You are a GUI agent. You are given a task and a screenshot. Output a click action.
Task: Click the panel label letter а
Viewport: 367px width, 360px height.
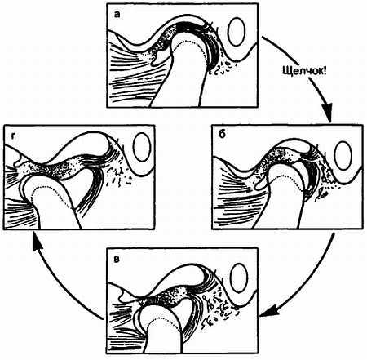tap(117, 15)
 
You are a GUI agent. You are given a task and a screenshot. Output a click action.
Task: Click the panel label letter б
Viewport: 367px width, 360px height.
tap(223, 135)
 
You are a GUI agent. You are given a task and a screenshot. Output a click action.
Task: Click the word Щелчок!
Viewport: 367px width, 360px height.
tap(303, 71)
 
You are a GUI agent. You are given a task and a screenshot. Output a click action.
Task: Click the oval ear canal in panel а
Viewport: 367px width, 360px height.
tap(237, 31)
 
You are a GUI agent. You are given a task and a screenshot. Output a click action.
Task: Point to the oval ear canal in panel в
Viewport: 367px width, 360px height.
tap(239, 278)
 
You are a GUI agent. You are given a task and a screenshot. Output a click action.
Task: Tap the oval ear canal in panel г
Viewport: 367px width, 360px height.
tap(142, 147)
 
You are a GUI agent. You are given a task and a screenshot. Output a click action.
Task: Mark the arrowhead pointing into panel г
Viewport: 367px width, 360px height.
tap(38, 242)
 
